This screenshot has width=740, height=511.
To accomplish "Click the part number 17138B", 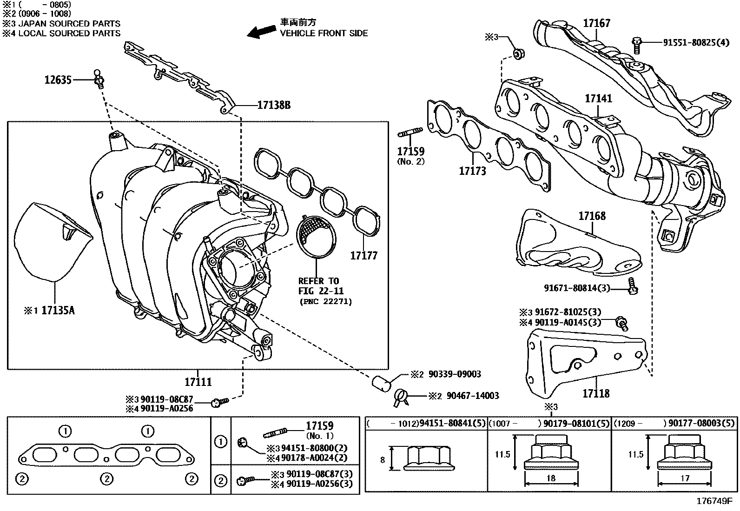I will click(x=274, y=106).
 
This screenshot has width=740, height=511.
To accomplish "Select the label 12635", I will click(x=58, y=80).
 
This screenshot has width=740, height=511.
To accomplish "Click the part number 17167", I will click(x=596, y=23).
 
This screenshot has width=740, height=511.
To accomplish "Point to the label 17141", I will click(x=598, y=99).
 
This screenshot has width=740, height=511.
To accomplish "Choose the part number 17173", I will click(x=472, y=171).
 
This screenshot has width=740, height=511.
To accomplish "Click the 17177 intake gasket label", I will click(x=363, y=255).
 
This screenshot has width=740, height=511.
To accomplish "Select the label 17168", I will click(x=592, y=216).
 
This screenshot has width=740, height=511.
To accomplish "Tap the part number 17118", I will click(x=596, y=393).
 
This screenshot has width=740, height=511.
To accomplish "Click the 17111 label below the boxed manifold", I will click(x=198, y=382).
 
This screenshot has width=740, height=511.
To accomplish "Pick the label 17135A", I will click(x=58, y=310).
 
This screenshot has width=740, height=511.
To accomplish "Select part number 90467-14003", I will click(x=473, y=396).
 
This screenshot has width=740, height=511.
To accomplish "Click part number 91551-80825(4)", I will click(x=696, y=42).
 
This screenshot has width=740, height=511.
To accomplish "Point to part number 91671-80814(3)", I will click(x=577, y=288).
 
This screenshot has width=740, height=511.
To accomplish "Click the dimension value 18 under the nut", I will click(x=551, y=478).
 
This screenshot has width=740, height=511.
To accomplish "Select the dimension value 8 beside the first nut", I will click(x=383, y=460).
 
